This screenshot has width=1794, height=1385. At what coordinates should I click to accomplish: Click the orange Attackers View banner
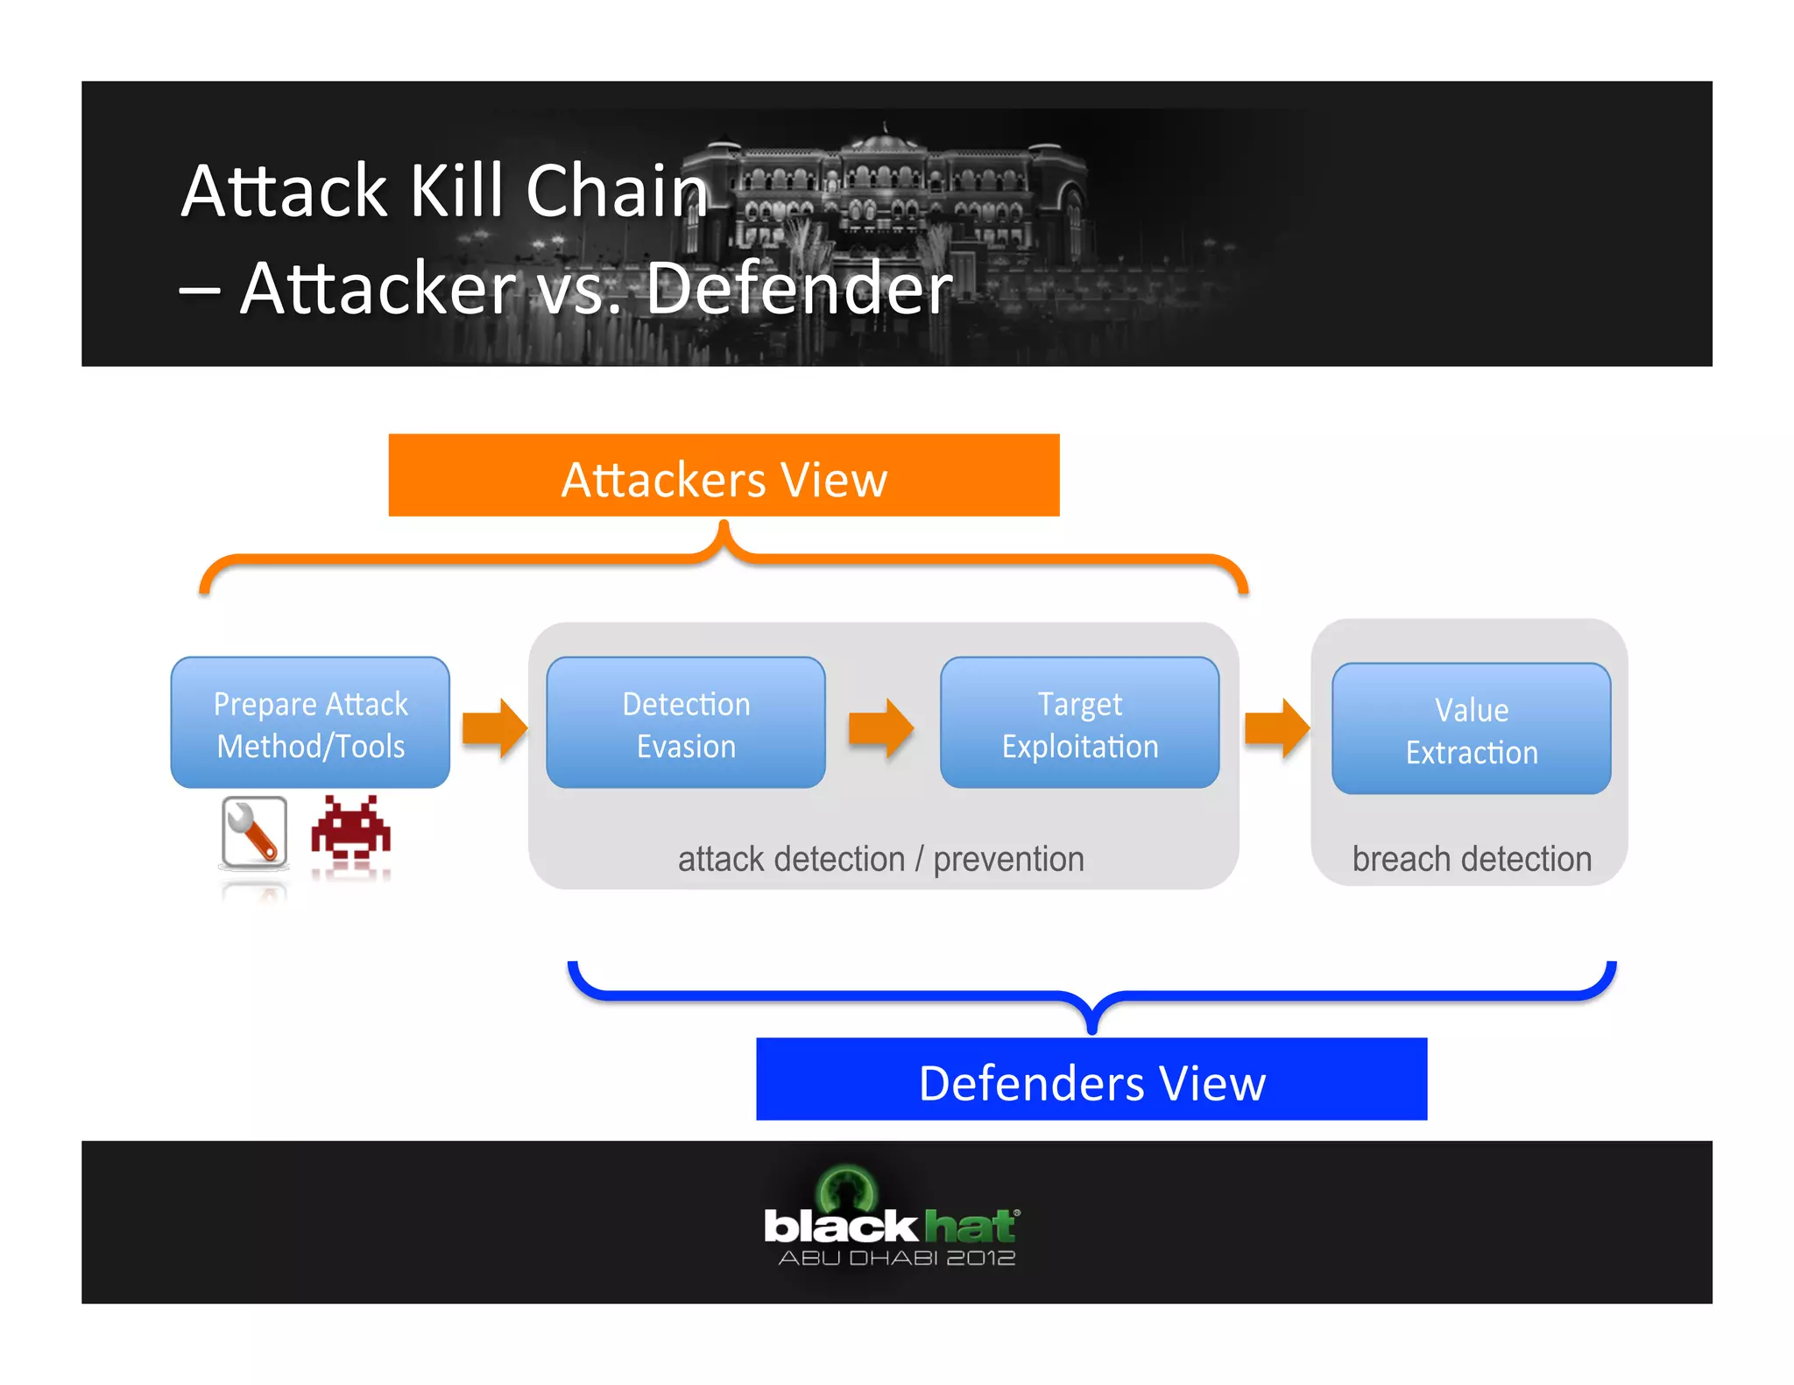click(724, 475)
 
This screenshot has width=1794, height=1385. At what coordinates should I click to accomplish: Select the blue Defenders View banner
click(1091, 1079)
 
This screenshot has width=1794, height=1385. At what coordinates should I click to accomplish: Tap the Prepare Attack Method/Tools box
click(310, 723)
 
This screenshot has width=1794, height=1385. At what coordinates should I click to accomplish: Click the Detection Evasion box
click(686, 723)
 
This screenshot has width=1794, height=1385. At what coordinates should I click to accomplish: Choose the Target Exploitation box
click(1079, 723)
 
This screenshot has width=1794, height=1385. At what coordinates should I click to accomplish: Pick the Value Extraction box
click(1471, 729)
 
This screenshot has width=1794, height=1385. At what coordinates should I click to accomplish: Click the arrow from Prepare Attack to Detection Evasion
click(495, 728)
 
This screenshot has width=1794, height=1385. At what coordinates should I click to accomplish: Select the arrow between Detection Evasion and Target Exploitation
click(881, 728)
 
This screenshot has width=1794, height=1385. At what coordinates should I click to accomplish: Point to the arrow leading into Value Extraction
click(1276, 728)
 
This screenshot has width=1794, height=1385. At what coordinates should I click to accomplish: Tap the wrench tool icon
click(254, 833)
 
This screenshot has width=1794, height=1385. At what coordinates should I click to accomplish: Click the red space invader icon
click(350, 828)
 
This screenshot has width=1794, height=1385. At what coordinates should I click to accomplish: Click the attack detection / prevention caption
click(880, 859)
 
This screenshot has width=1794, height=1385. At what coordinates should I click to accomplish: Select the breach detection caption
click(1472, 859)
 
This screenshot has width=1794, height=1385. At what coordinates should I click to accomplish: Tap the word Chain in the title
click(617, 191)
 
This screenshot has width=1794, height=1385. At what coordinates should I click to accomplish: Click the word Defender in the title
click(799, 288)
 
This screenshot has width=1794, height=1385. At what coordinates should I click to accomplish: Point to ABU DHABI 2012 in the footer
click(896, 1258)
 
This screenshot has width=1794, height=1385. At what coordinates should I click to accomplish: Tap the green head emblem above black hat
click(846, 1187)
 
